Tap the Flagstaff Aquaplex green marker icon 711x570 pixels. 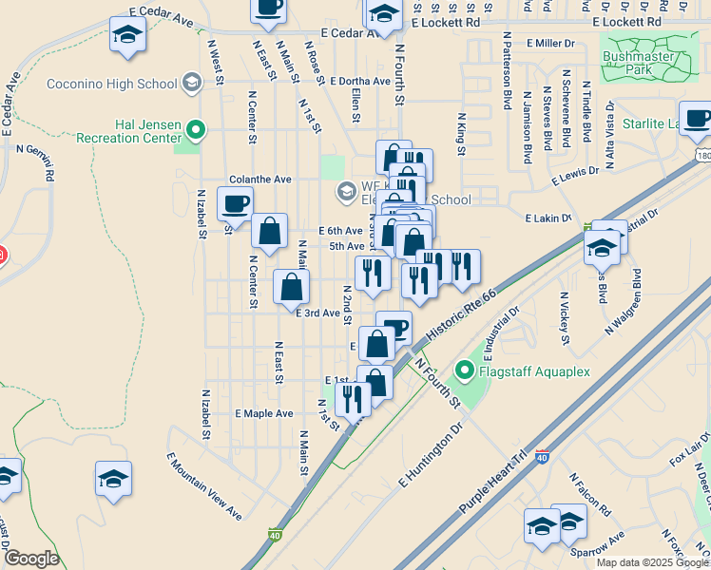click(x=465, y=369)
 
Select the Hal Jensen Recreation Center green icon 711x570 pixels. click(x=197, y=128)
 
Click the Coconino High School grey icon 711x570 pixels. click(x=193, y=83)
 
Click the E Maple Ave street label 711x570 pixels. click(x=263, y=414)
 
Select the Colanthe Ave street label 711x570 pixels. click(x=259, y=179)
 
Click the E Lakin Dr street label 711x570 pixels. click(x=548, y=218)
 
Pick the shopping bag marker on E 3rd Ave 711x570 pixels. click(x=291, y=285)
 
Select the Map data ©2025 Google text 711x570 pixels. click(x=650, y=562)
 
